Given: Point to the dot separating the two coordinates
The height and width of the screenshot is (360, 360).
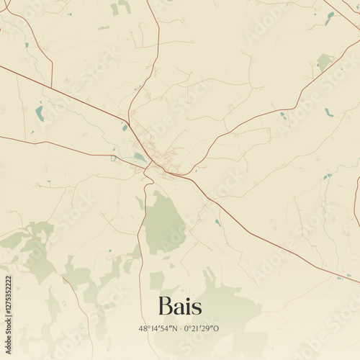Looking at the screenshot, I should [181, 329].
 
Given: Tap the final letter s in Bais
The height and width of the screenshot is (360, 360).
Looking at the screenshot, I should [196, 307].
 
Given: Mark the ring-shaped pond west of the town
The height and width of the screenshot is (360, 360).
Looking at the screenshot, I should [113, 158].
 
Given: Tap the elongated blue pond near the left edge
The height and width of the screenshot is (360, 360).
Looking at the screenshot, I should [39, 113].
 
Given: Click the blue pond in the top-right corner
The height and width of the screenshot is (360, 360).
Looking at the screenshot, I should [329, 18].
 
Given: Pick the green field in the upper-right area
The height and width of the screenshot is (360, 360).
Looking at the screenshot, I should [325, 63].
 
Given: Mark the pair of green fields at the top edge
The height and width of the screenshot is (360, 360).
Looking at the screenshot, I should [120, 7].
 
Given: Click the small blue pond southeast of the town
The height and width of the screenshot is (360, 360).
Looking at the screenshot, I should [217, 222].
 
